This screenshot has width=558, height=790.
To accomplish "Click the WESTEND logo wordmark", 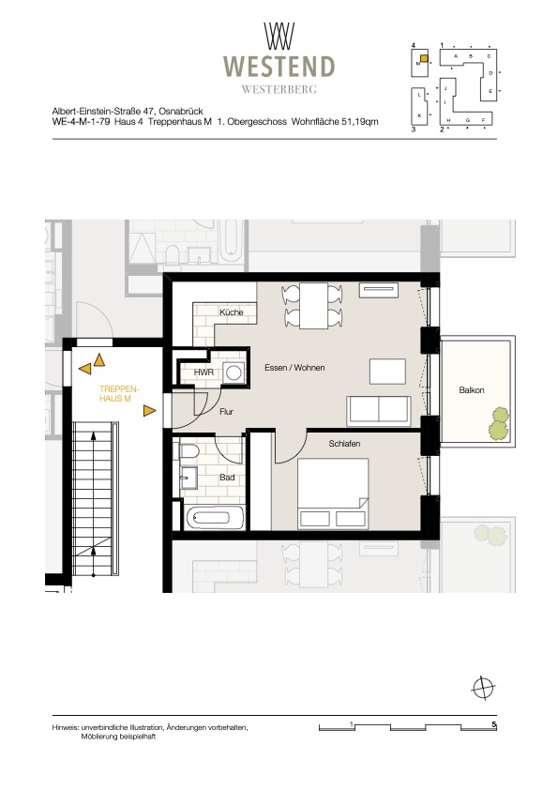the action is click(x=279, y=67).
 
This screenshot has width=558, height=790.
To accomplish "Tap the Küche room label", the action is click(x=231, y=312).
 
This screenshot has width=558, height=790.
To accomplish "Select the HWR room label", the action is click(x=204, y=372).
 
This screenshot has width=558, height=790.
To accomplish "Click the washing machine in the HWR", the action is click(x=234, y=372).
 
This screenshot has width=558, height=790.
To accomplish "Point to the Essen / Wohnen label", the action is click(x=294, y=368).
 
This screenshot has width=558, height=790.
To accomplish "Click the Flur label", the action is click(x=227, y=412).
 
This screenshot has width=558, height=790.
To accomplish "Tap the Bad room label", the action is click(x=227, y=478).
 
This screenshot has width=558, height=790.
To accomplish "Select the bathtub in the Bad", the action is click(x=215, y=517).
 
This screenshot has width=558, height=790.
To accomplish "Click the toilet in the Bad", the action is click(x=189, y=452).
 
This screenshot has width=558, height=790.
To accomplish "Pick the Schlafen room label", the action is click(x=344, y=444).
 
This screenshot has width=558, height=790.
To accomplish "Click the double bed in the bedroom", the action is click(x=333, y=494).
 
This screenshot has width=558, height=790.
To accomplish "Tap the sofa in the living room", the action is click(x=378, y=411).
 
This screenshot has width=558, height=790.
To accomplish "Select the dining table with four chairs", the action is click(x=313, y=306).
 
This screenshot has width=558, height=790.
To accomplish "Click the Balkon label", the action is click(x=472, y=390).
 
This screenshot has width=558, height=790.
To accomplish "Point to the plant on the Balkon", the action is click(x=499, y=423).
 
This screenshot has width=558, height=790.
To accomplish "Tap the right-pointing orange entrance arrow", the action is click(x=149, y=411).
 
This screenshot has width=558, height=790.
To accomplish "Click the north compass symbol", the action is click(x=483, y=687).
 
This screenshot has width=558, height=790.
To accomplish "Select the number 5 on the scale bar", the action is click(x=494, y=725).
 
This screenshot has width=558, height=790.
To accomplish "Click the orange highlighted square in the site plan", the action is click(x=424, y=58).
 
